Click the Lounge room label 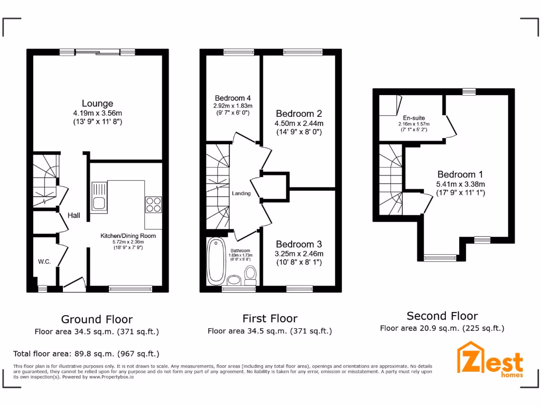tap(97, 104)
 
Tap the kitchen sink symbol tap(99, 197)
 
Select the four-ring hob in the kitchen tap(153, 204)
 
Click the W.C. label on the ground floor tap(44, 262)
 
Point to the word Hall tap(74, 216)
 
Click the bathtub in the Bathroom tap(215, 261)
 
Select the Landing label tap(241, 193)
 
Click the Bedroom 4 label tap(232, 98)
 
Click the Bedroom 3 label tap(299, 244)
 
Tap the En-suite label tap(414, 118)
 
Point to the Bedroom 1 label tap(460, 174)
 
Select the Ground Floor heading tap(97, 319)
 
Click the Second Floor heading tap(442, 316)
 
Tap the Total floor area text tap(86, 354)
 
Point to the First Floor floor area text tap(269, 331)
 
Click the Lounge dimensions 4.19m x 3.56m tap(97, 113)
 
